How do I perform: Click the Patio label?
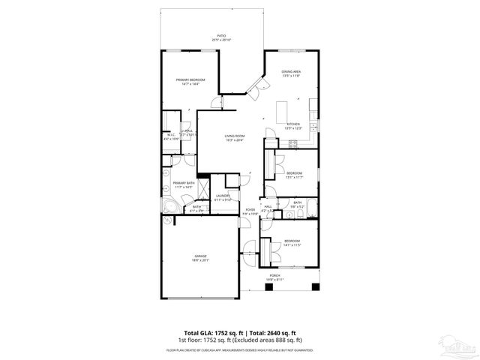click(222, 37)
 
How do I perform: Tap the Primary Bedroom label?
click(190, 82)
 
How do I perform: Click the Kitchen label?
click(293, 125)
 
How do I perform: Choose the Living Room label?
click(235, 137)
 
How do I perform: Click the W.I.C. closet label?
click(171, 137)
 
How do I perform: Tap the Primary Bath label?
click(184, 184)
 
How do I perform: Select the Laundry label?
click(223, 198)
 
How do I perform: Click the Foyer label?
click(250, 212)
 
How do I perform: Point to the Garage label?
click(200, 257)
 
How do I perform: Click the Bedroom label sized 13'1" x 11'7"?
click(293, 175)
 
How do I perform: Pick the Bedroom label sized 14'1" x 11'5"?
click(292, 243)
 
